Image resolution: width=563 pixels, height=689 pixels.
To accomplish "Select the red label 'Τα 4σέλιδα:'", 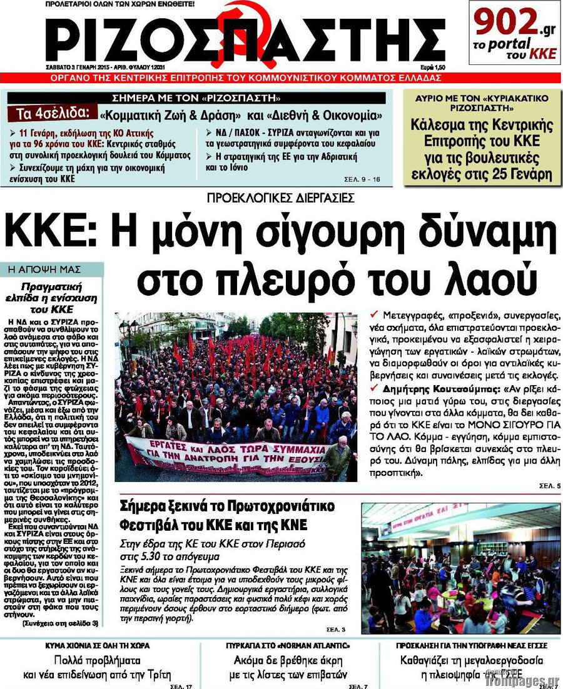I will (53, 113).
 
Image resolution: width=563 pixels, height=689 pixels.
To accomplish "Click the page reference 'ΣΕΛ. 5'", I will (550, 486).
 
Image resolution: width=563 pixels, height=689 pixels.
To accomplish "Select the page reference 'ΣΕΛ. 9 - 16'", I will (362, 179).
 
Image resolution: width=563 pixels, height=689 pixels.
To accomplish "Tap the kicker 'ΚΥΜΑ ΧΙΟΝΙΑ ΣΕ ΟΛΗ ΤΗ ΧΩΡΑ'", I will (97, 645).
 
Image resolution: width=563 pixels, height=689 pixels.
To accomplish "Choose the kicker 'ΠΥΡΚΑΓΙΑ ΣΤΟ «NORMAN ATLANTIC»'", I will (288, 645).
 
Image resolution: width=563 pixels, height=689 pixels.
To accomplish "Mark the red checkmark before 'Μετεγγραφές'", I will (374, 313).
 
